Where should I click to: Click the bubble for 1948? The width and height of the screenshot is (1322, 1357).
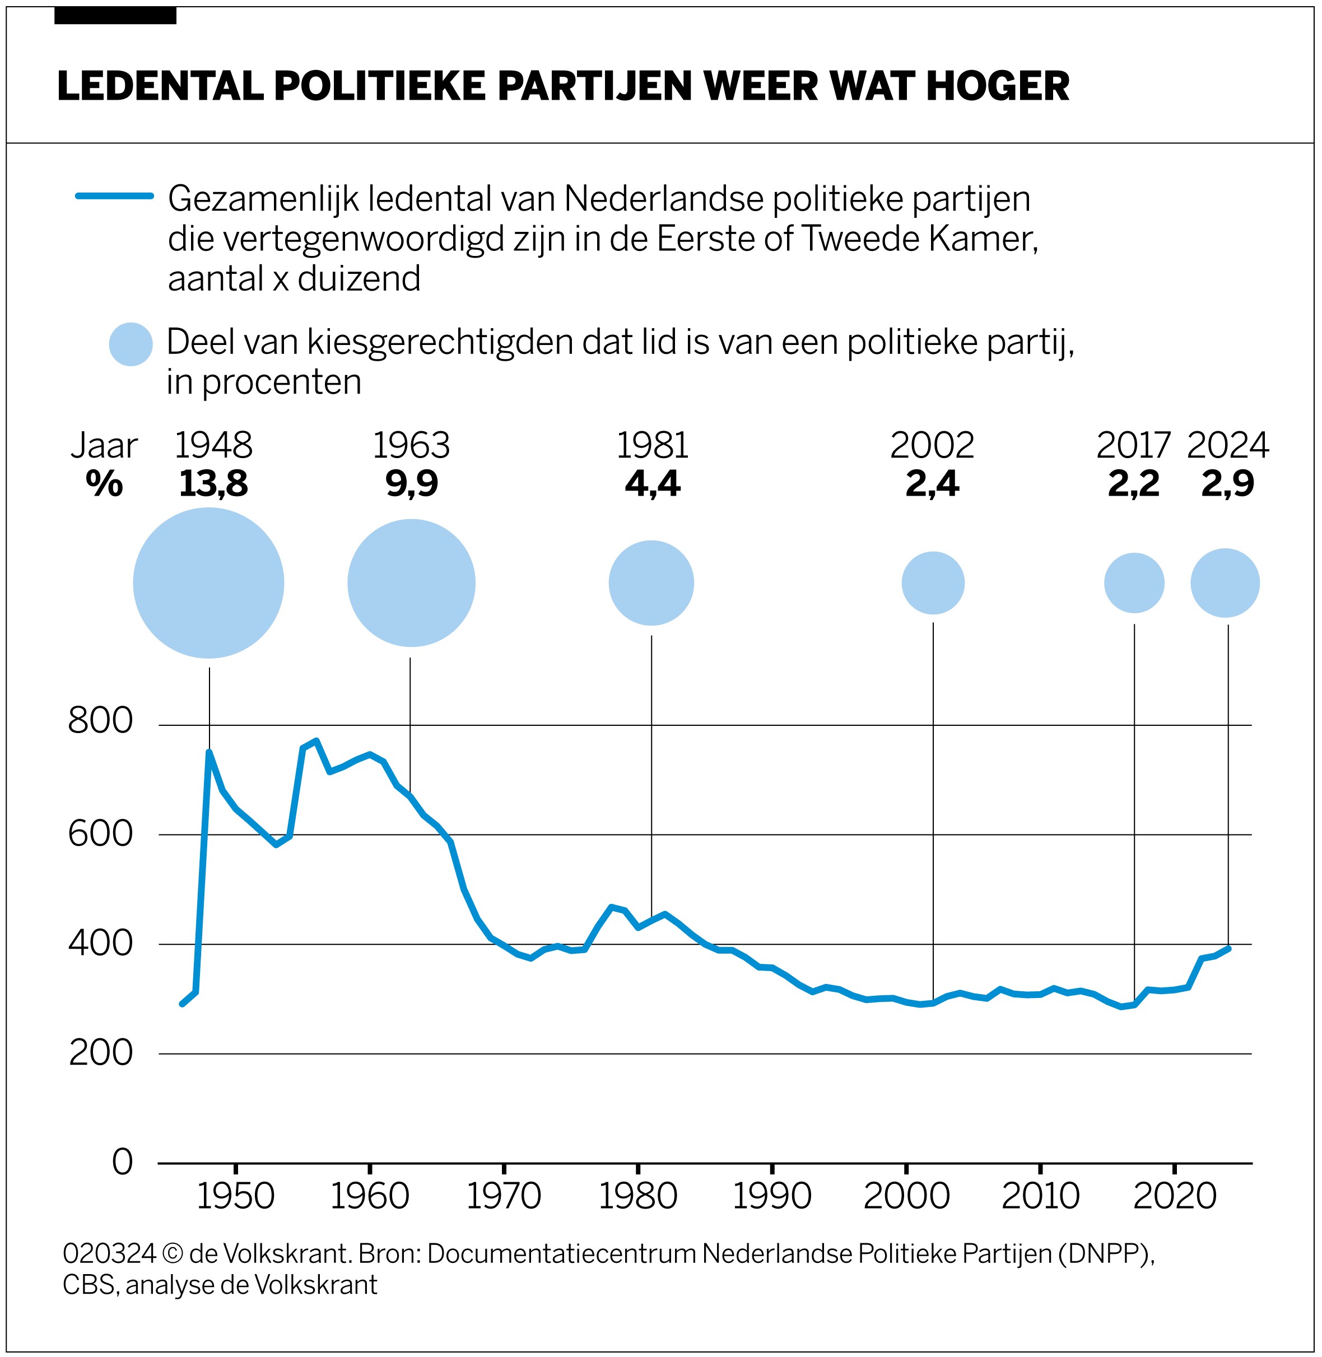coord(208,583)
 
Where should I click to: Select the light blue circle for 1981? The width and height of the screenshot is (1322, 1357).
coord(651,583)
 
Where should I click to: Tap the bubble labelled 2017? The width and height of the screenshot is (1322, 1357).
coord(1134,583)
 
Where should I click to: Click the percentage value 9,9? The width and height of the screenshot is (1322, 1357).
coord(412,484)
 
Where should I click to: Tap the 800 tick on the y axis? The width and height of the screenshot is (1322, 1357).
coord(101,721)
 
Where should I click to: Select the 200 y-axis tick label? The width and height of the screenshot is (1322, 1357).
coord(101,1053)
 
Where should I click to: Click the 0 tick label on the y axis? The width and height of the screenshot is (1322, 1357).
coord(122,1162)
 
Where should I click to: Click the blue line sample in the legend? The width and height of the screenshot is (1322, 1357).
coord(115,197)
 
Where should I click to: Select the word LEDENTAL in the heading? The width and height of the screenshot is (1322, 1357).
coord(160,86)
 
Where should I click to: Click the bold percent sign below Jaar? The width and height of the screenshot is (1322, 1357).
coord(104,484)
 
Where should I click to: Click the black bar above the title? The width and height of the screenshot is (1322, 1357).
coord(115,15)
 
